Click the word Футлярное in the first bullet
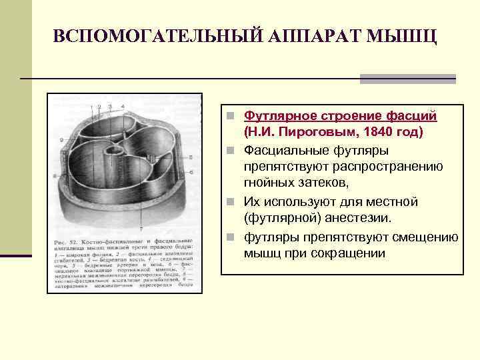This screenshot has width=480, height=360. click(x=276, y=117)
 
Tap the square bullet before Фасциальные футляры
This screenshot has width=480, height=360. click(x=229, y=150)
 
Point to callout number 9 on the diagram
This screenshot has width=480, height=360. click(x=61, y=140)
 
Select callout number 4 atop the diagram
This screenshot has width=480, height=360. click(x=123, y=107)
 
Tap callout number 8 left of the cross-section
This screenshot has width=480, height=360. click(x=55, y=176)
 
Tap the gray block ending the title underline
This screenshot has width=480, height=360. click(x=407, y=79)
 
